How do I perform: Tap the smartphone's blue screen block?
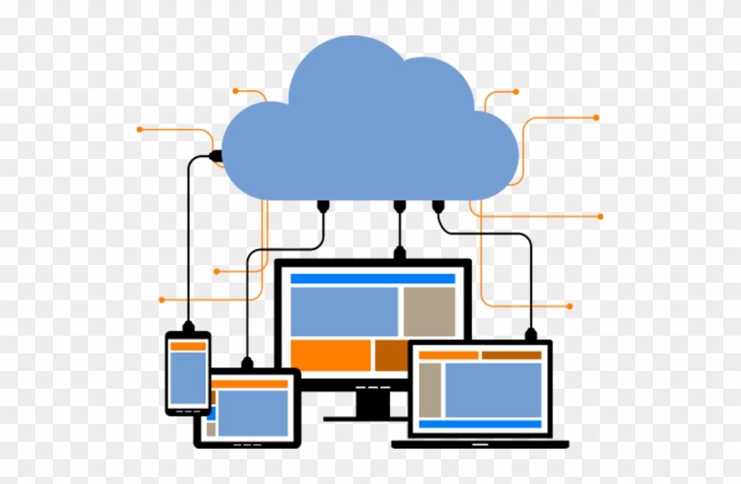click(x=188, y=378)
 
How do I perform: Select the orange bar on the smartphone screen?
click(x=188, y=346)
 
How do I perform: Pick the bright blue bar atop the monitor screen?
click(x=372, y=278)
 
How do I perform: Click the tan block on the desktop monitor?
click(x=429, y=311)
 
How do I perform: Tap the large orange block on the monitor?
click(x=331, y=355)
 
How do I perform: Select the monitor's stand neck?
click(x=373, y=402)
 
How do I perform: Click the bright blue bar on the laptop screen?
click(x=479, y=424)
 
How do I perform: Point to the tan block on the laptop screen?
click(x=430, y=389)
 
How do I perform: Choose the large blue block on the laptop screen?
click(x=492, y=389)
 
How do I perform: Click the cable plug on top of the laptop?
click(x=531, y=334)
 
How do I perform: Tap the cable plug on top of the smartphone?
click(x=188, y=325)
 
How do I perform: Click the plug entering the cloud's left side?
click(x=214, y=156)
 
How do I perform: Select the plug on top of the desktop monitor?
click(x=400, y=253)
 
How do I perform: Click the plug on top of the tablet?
click(x=248, y=362)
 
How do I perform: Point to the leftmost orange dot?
click(x=139, y=130)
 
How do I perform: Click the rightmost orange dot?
click(x=601, y=216)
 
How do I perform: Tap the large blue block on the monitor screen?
click(x=344, y=311)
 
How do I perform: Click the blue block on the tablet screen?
click(x=252, y=412)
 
